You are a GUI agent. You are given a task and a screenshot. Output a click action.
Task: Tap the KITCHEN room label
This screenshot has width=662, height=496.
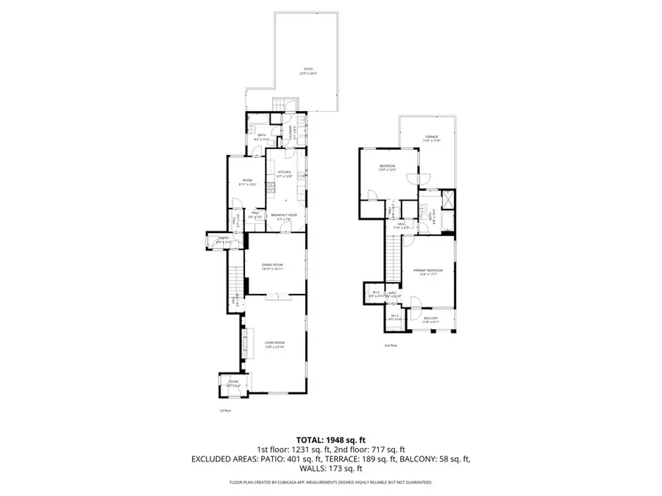coord(285,173)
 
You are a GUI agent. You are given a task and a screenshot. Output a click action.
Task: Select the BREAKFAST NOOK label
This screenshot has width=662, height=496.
coord(284,215)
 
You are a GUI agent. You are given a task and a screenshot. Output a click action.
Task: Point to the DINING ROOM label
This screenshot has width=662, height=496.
coord(273,265)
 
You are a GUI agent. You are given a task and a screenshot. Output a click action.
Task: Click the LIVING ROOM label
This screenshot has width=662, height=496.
coord(275,343)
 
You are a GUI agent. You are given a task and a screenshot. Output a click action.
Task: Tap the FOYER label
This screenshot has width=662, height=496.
coord(233,381)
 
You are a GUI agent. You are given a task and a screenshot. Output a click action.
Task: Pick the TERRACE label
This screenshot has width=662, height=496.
coord(431,137)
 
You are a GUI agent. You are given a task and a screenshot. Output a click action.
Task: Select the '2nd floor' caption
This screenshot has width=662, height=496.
coord(390,345)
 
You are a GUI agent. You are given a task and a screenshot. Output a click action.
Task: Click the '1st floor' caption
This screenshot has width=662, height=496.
coord(226,410)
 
